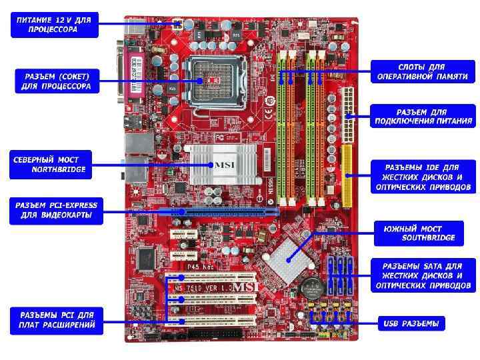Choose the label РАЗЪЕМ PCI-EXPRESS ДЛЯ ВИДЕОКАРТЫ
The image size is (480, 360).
click(x=56, y=210)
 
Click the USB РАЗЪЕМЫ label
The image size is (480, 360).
click(x=411, y=324)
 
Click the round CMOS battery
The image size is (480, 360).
click(x=310, y=289)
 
